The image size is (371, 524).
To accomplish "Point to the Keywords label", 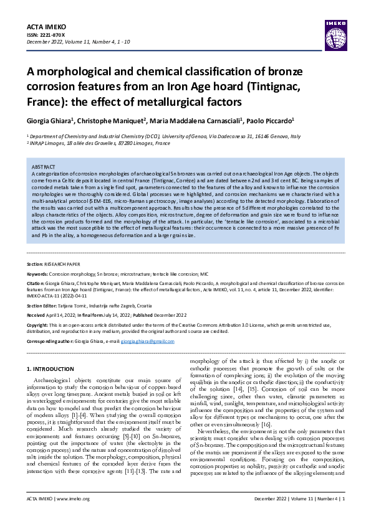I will pos(39,273).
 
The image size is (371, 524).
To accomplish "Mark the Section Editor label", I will pos(45,306).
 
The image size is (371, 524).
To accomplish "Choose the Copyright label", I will pos(39,325).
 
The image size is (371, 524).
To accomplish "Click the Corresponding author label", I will pos(53,342).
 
